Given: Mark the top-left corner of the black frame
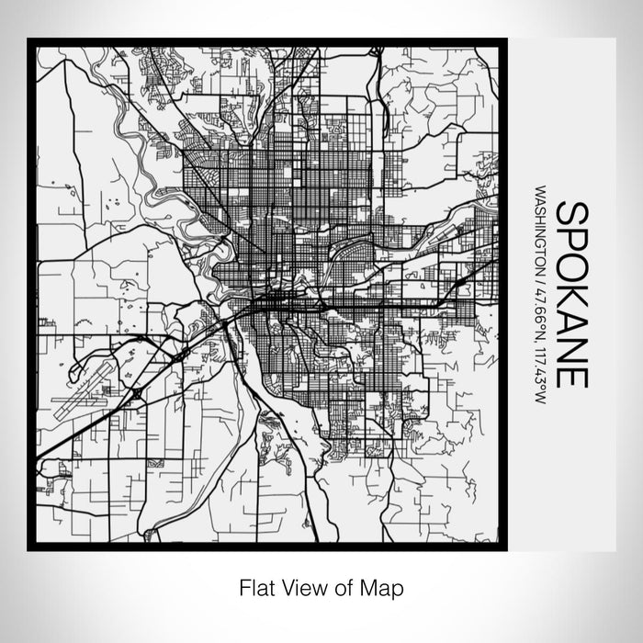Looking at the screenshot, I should [29, 39].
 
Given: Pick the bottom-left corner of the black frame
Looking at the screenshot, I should [29, 548].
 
